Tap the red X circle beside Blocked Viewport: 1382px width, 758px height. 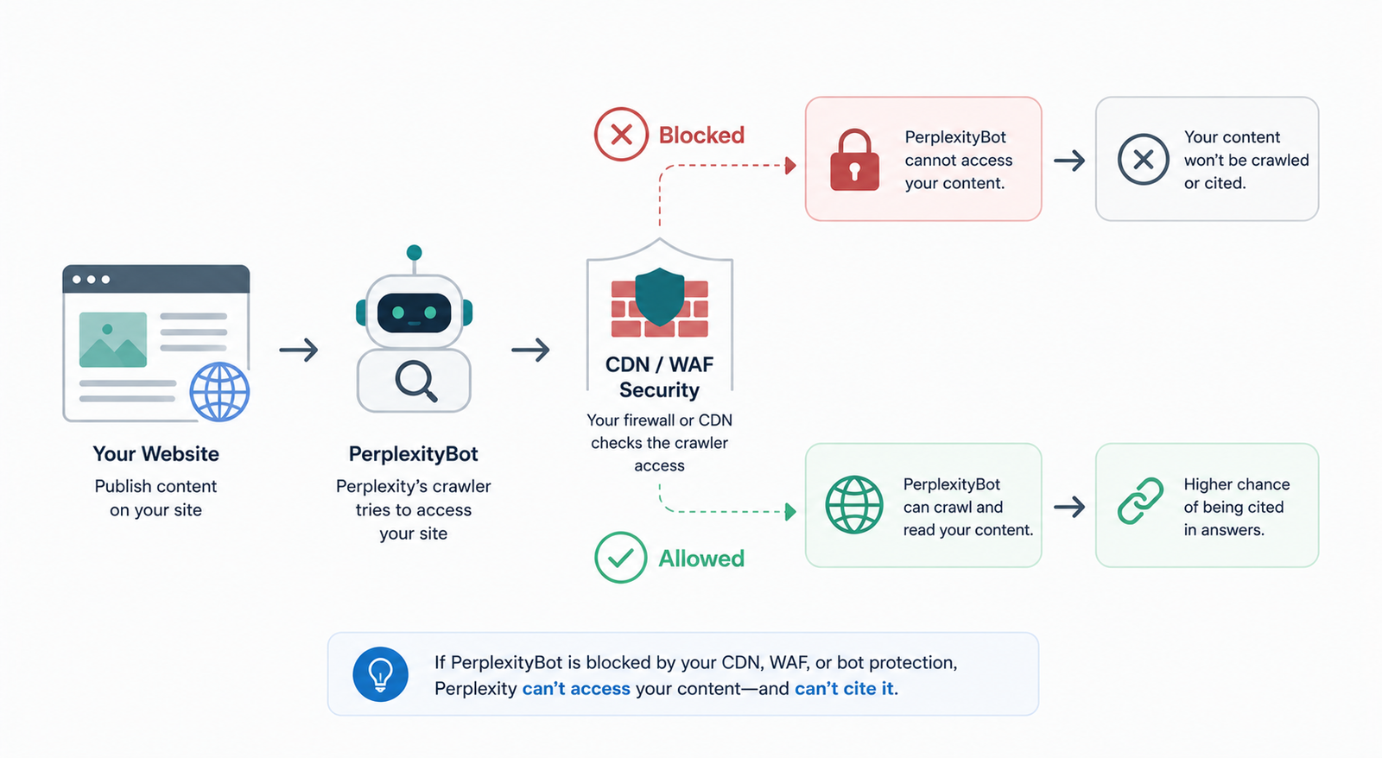click(621, 135)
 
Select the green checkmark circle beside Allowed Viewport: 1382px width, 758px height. click(621, 558)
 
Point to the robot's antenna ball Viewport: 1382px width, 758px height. click(414, 252)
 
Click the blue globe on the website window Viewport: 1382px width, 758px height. click(219, 392)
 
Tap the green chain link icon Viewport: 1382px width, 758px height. click(1140, 501)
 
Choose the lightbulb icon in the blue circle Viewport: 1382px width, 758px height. click(380, 674)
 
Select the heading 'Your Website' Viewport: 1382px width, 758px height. click(156, 454)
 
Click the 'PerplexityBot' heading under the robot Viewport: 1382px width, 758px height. click(414, 454)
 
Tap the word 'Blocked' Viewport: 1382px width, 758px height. click(701, 135)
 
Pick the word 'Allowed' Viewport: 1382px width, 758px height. click(701, 559)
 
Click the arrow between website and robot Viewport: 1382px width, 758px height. click(299, 350)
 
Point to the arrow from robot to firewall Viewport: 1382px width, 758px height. click(530, 350)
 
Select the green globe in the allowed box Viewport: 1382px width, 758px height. click(854, 504)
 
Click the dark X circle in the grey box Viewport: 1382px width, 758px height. click(1144, 160)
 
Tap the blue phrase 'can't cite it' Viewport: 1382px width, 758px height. click(844, 688)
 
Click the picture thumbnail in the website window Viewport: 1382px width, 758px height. click(113, 340)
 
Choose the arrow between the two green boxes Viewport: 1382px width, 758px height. click(1069, 507)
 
